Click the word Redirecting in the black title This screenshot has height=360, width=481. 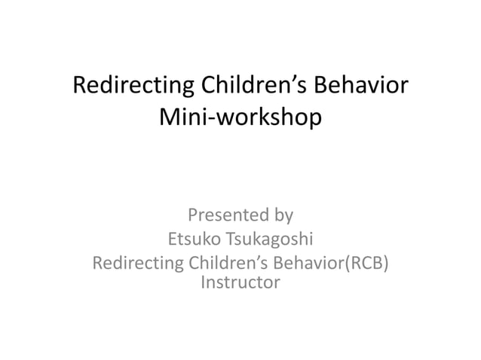125,87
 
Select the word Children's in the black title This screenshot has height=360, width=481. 244,87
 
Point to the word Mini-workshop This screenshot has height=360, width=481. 240,118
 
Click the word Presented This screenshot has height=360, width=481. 228,216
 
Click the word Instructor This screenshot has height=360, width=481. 240,283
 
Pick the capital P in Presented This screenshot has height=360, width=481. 193,216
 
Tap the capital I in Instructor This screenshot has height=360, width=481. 203,283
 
